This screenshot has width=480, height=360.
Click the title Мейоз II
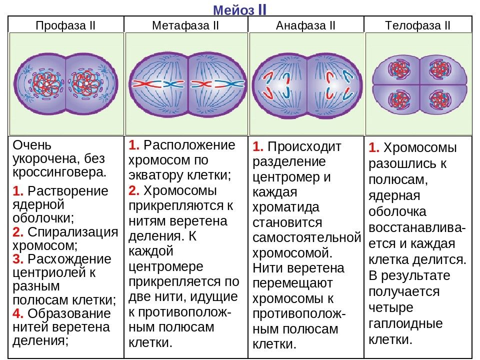[239, 9]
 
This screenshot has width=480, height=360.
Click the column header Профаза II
[65, 25]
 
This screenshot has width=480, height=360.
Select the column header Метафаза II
[185, 25]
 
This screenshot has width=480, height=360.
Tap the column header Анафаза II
[305, 25]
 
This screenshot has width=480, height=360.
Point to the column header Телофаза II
[417, 25]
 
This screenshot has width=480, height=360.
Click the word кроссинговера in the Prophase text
[59, 172]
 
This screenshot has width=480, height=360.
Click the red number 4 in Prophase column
[18, 313]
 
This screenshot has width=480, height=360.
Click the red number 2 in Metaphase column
[134, 190]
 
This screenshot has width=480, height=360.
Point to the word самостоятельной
[306, 238]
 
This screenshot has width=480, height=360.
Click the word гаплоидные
[405, 323]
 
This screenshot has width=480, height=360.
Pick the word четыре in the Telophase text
[391, 308]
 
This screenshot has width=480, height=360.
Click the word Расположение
[189, 145]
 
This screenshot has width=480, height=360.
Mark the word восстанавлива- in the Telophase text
[417, 228]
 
